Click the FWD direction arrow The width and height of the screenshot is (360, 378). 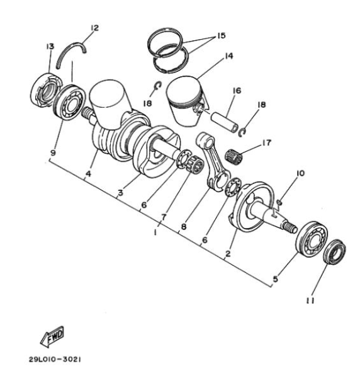(52, 337)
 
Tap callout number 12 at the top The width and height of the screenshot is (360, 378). (94, 28)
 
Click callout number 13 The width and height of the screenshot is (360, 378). (50, 46)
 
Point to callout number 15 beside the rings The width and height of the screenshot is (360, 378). (222, 35)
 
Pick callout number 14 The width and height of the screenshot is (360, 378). (228, 56)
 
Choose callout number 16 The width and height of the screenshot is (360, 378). (237, 91)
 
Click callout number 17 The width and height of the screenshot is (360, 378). (267, 142)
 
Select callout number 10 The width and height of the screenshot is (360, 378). (300, 173)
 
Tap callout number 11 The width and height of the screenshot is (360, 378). (310, 301)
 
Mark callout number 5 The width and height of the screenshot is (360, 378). (276, 279)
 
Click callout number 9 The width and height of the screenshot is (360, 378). (53, 152)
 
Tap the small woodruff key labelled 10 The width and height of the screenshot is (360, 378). (279, 202)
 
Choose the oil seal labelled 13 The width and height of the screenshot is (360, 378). (46, 89)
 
